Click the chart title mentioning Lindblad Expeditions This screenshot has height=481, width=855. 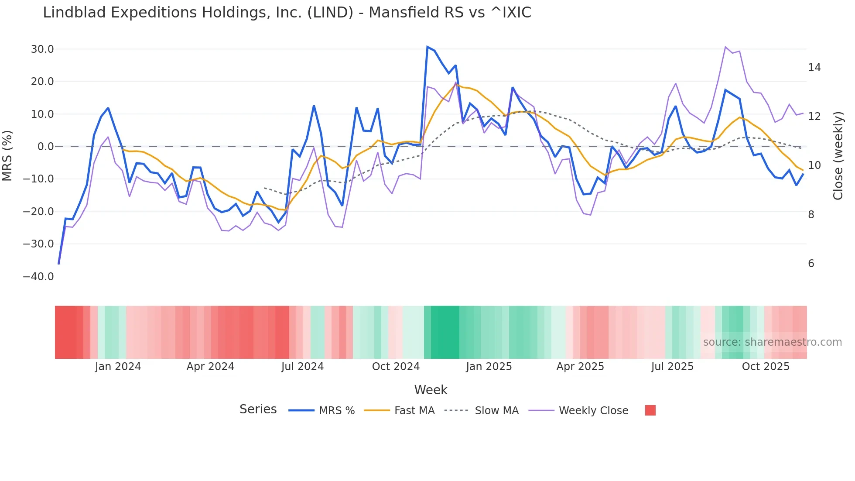click(x=287, y=13)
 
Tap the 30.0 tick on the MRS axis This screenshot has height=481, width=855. click(x=42, y=49)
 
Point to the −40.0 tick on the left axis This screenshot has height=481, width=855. click(x=38, y=277)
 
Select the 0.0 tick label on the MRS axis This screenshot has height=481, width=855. click(x=45, y=147)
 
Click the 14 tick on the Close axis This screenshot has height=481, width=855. click(x=814, y=68)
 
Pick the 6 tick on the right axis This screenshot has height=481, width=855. click(x=811, y=264)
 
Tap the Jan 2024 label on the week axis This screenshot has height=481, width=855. click(x=118, y=367)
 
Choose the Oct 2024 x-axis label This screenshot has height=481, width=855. click(x=396, y=367)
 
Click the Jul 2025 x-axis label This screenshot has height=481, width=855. click(x=672, y=367)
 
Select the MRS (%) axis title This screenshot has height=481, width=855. click(x=7, y=155)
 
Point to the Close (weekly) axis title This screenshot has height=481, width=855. click(x=838, y=156)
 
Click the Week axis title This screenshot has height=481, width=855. click(x=431, y=390)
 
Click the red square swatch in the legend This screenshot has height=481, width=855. click(x=650, y=410)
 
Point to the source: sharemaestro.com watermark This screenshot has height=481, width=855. click(x=772, y=342)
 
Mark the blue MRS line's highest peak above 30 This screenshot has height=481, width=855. click(x=427, y=47)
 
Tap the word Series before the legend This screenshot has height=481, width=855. click(x=258, y=409)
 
